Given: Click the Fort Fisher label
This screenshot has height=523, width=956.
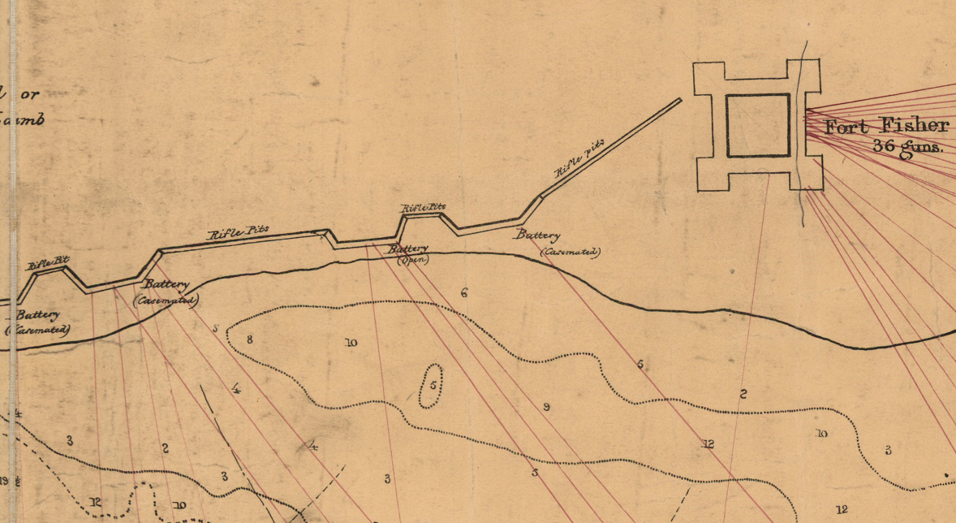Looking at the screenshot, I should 886,126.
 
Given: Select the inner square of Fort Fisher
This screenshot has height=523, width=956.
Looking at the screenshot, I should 757,125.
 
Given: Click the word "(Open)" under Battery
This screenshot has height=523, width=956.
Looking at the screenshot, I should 411,260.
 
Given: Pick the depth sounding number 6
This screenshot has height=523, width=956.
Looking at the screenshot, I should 464,292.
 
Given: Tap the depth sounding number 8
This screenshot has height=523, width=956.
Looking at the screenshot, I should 250,339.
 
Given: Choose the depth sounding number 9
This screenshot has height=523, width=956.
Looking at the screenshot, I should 546,407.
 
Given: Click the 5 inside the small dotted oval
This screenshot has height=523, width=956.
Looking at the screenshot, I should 433,386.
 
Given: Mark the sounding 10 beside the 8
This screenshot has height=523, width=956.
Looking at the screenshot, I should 351,343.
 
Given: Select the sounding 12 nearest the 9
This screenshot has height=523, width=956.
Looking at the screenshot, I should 708,443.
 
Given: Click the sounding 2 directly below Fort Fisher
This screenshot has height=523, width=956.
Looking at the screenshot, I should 743,395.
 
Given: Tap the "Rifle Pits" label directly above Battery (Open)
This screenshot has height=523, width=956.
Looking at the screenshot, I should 423,208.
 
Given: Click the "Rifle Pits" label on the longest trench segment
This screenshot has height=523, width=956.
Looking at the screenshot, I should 239,231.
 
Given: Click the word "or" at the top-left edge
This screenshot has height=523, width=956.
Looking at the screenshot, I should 30,95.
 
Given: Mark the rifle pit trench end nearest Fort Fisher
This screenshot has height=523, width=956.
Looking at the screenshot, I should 679,100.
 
